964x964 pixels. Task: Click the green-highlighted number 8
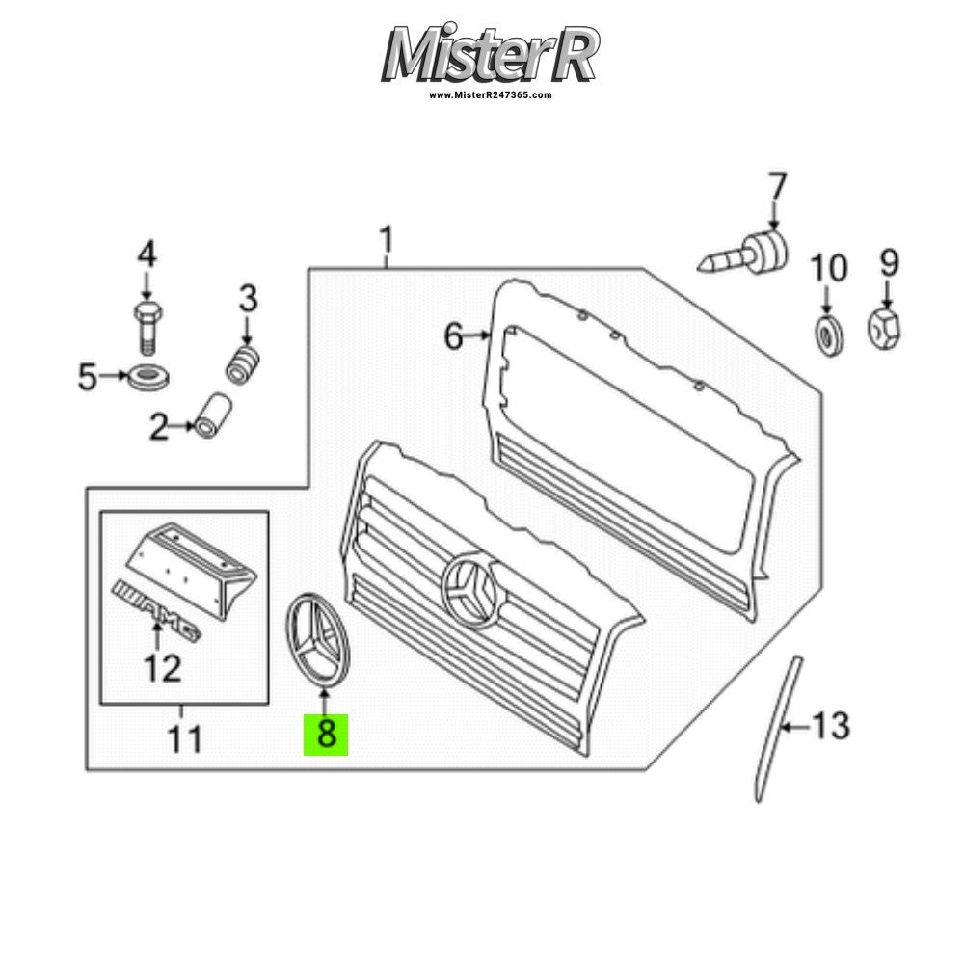tap(326, 735)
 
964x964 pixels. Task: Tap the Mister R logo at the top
tap(490, 54)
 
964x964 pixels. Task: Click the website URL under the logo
tap(490, 95)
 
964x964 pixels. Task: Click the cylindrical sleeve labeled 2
tap(213, 415)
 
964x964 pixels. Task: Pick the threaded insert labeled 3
tap(244, 365)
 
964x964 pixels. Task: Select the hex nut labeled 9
tap(884, 328)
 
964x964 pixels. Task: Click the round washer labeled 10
tap(829, 335)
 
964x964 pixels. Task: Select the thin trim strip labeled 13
tap(778, 729)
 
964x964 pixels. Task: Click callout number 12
tap(162, 669)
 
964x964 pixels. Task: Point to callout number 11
tap(184, 739)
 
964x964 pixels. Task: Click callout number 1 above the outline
tap(387, 240)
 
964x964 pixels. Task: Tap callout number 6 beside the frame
tap(454, 336)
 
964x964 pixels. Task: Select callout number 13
tap(831, 726)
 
